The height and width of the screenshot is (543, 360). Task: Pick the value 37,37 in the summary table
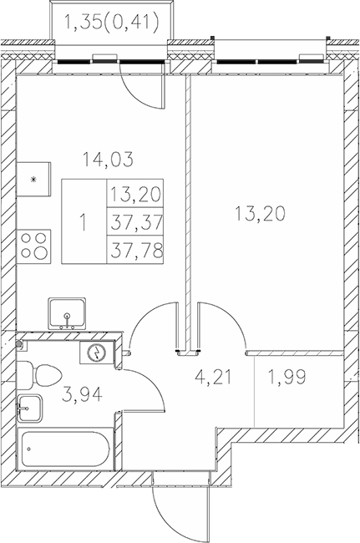tap(135, 221)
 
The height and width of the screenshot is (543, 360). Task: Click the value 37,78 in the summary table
tap(135, 249)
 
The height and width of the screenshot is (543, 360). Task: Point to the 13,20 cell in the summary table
tap(135, 195)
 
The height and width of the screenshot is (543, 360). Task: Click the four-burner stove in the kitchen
tap(35, 247)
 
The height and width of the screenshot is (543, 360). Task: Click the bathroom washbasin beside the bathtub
tap(30, 409)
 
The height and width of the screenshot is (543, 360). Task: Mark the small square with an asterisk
tap(34, 179)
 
